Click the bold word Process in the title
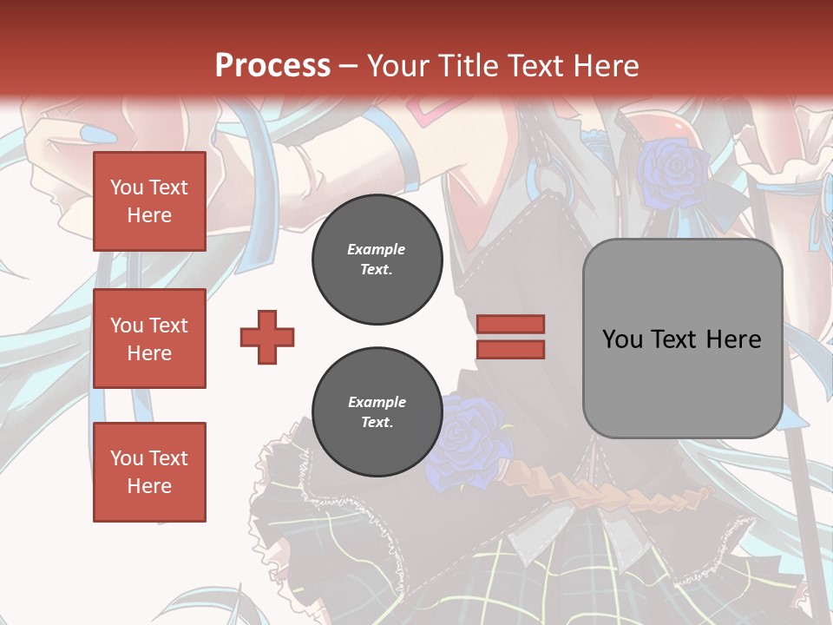pos(272,66)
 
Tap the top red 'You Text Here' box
pos(149,201)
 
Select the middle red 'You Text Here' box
pos(149,339)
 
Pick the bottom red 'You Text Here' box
pos(149,472)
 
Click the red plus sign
pos(267,337)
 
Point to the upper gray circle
pos(377,260)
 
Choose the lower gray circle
pos(377,412)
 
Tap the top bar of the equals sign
pos(510,324)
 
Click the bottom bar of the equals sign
pos(510,349)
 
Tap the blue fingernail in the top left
pos(91,134)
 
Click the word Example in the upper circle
pos(376,249)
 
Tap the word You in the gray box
pos(621,339)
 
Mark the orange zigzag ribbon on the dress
pos(625,497)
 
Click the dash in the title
pos(349,66)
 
